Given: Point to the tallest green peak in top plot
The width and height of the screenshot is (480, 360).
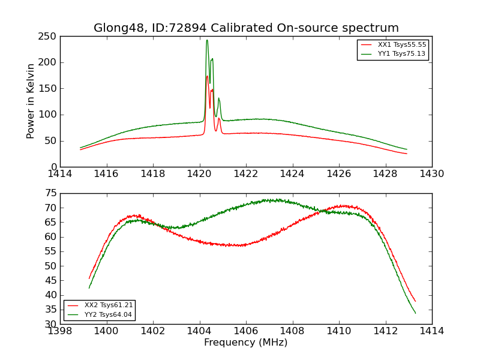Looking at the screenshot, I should click(x=207, y=41).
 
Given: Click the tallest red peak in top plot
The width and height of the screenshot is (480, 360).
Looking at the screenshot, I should click(x=207, y=76).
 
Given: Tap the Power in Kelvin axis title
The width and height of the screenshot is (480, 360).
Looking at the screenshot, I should click(x=31, y=101).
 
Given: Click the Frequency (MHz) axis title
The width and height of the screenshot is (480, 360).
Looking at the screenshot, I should click(x=245, y=343).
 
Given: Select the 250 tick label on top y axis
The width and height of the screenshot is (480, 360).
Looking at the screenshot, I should click(x=49, y=37).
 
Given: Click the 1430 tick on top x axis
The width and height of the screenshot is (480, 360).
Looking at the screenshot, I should click(x=431, y=174).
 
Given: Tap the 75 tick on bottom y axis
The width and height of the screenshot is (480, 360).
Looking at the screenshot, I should click(x=50, y=193).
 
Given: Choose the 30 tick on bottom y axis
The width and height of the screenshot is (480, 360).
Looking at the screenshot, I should click(x=50, y=324).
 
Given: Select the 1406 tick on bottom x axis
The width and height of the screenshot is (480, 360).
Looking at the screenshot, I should click(x=246, y=331).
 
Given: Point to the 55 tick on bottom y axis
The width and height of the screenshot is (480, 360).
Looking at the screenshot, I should click(x=50, y=251).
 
